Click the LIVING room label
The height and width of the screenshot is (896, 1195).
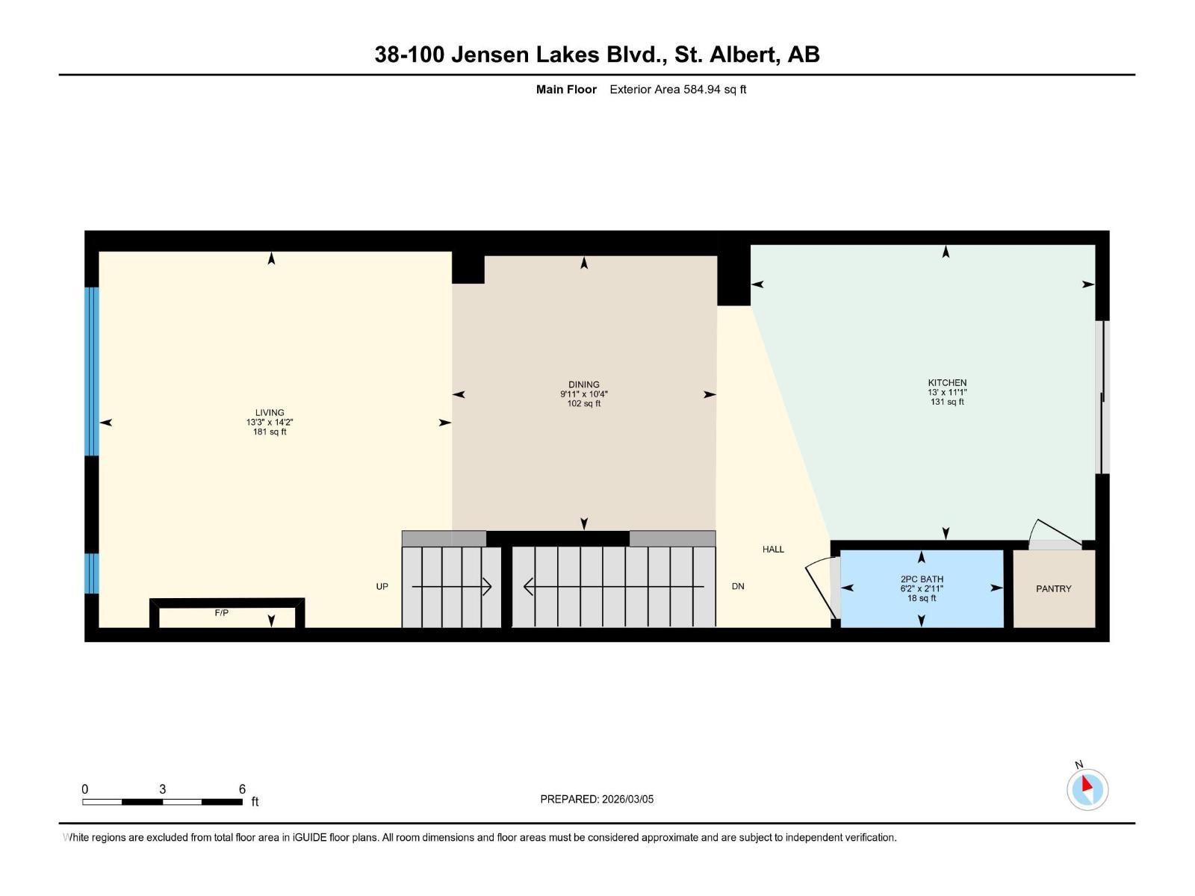tap(270, 412)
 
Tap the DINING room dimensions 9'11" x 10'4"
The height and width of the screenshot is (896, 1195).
tap(583, 394)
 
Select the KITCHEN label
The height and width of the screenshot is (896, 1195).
tap(947, 382)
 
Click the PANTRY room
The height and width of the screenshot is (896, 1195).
tap(1053, 588)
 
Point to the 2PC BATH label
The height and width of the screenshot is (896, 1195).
tap(922, 579)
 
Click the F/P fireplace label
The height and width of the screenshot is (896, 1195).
tap(221, 613)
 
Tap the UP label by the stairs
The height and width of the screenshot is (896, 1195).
tap(382, 586)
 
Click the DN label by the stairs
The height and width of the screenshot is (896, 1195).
tap(738, 586)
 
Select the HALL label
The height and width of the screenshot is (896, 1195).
tap(773, 549)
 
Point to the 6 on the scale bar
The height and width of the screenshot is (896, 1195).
tap(242, 788)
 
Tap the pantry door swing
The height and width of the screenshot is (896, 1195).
tap(1053, 532)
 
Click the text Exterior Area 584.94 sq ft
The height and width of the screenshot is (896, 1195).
tap(677, 90)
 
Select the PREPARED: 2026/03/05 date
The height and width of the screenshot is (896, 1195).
tap(597, 799)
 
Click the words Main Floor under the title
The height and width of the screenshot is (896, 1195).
tap(566, 90)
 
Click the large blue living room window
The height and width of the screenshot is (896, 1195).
tap(91, 371)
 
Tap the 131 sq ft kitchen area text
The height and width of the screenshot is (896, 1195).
tap(947, 402)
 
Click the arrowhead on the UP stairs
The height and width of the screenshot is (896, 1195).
tap(487, 587)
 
